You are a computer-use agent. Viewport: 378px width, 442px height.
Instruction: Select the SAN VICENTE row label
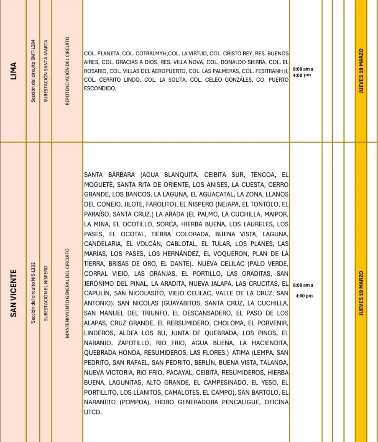[14, 293]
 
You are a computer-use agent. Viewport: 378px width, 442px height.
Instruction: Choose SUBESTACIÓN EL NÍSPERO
[46, 293]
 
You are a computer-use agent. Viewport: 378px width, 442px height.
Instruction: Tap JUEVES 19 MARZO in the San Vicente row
[361, 293]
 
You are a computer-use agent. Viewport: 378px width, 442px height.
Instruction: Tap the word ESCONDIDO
[100, 89]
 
